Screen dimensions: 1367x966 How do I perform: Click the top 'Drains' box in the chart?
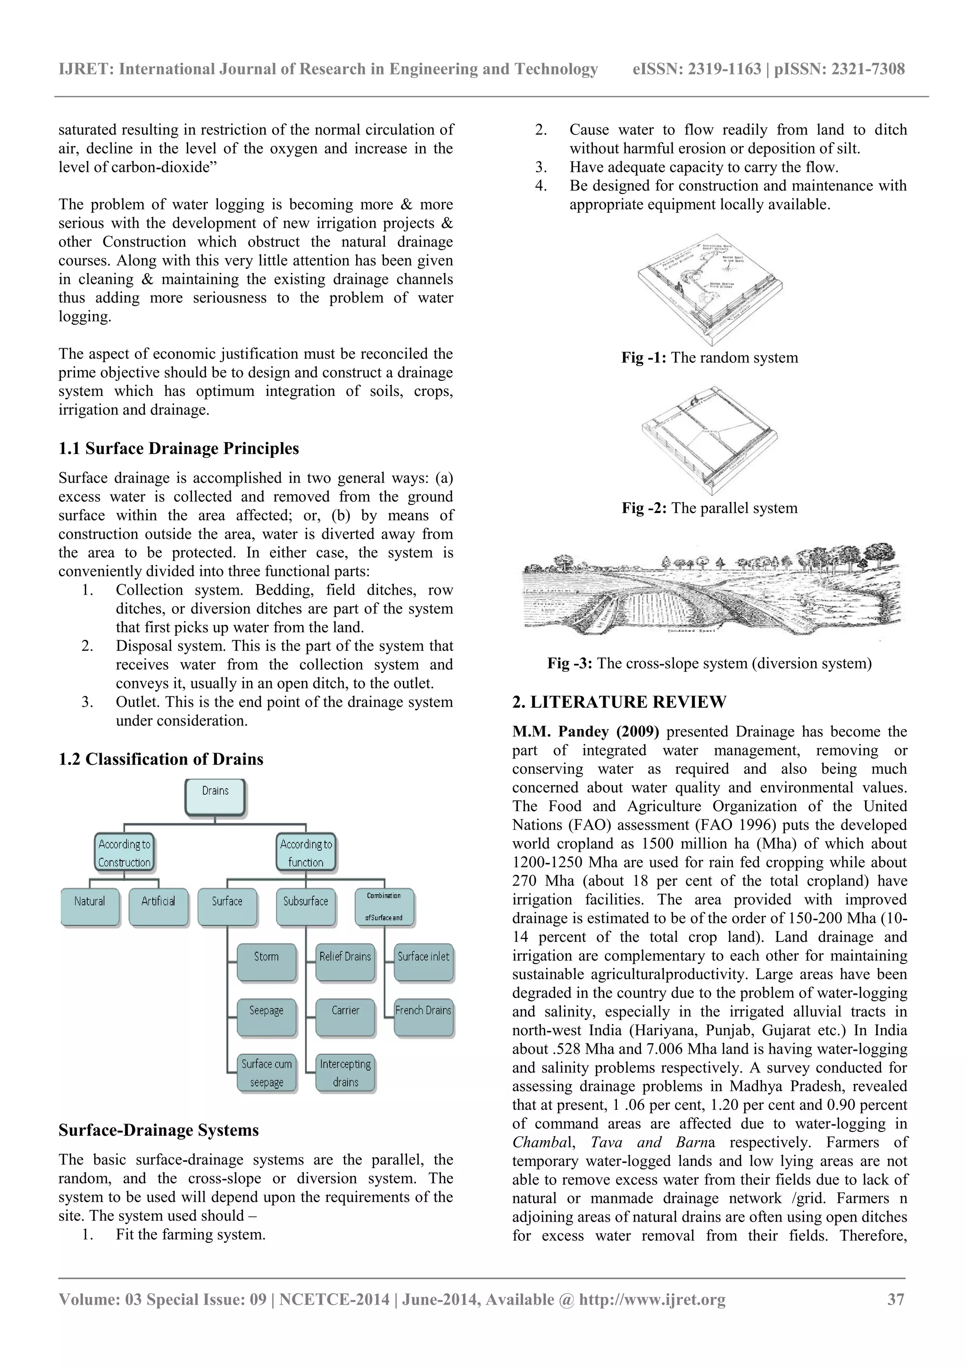pos(215,797)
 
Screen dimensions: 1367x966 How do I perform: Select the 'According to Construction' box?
pos(125,853)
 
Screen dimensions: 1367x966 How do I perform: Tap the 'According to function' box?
pos(306,853)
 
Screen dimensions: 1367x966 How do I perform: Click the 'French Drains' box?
pos(423,1016)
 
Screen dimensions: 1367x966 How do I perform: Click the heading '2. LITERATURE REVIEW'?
pos(619,702)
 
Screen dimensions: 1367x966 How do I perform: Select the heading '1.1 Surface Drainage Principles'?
pos(179,448)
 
